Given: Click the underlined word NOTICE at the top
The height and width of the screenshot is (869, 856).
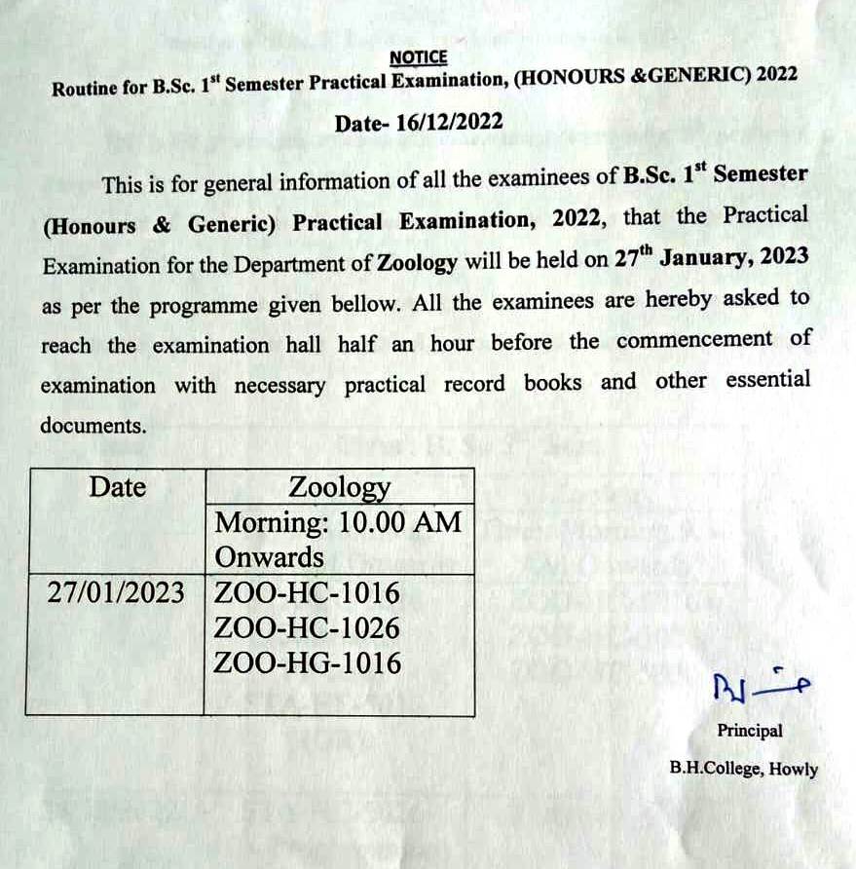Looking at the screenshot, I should click(x=418, y=57).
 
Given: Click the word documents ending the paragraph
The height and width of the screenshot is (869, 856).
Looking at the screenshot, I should click(x=93, y=427).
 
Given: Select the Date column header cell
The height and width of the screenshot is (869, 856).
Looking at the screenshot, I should click(x=117, y=486).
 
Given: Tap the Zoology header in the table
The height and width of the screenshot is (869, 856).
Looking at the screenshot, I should click(x=339, y=487).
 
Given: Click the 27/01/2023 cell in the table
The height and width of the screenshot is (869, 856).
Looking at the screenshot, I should click(x=117, y=592).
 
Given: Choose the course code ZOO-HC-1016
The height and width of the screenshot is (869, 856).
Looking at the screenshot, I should click(x=307, y=593).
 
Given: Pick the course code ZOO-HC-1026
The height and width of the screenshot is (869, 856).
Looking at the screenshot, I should click(x=307, y=628).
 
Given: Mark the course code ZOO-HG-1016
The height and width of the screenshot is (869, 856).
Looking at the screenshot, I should click(x=307, y=663).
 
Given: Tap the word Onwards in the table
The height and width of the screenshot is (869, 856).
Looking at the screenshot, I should click(x=269, y=557).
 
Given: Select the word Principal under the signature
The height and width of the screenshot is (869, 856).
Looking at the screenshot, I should click(x=749, y=731).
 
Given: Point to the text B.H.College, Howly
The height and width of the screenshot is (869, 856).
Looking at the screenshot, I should click(x=743, y=769).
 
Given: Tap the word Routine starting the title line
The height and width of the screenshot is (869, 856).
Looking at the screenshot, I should click(x=84, y=90).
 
